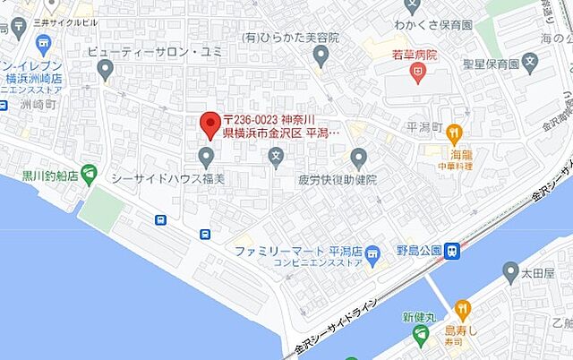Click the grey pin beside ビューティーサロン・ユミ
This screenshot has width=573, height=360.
(x=105, y=69)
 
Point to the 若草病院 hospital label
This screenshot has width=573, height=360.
(x=415, y=56)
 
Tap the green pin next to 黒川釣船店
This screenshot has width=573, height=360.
(x=89, y=171)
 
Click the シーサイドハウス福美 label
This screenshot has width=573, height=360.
(x=167, y=179)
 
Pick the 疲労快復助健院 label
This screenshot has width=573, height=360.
(x=338, y=180)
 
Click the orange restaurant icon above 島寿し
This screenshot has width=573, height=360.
(x=463, y=310)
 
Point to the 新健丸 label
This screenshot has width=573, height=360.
(x=418, y=317)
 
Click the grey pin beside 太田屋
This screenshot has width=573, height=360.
(x=510, y=271)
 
